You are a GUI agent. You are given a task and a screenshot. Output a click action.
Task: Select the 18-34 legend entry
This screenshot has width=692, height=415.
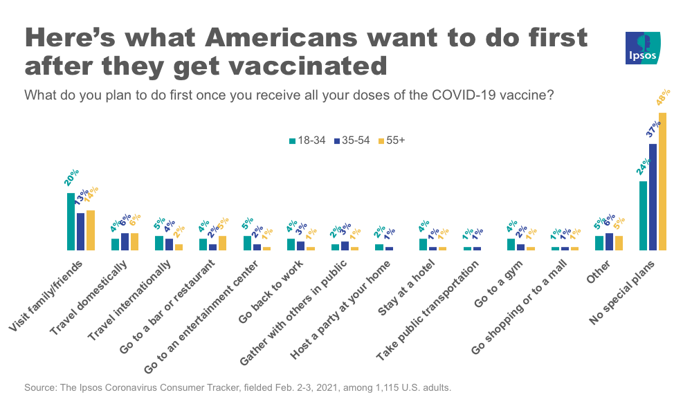[x=307, y=140]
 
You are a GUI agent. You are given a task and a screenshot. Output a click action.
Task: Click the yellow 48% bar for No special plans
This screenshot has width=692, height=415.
[x=662, y=181]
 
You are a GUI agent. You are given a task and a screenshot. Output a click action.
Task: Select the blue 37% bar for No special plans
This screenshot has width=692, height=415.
[x=653, y=196]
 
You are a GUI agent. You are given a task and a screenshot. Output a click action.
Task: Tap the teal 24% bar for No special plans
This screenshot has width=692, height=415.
[x=643, y=215]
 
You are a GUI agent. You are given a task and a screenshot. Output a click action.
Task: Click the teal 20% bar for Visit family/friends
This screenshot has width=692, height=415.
[x=71, y=221]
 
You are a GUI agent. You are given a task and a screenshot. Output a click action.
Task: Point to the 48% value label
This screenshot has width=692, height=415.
[x=664, y=98]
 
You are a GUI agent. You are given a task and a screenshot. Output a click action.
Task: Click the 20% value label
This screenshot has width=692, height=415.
[x=71, y=177]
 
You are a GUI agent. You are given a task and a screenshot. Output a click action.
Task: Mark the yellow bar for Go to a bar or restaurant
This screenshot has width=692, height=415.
[x=222, y=243]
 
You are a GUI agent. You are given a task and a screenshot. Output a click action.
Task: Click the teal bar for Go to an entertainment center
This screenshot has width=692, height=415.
[x=247, y=243]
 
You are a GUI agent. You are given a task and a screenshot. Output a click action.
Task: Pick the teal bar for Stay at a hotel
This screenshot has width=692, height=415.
[x=423, y=244]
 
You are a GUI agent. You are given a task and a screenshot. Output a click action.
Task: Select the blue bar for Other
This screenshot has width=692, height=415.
[x=609, y=241]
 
